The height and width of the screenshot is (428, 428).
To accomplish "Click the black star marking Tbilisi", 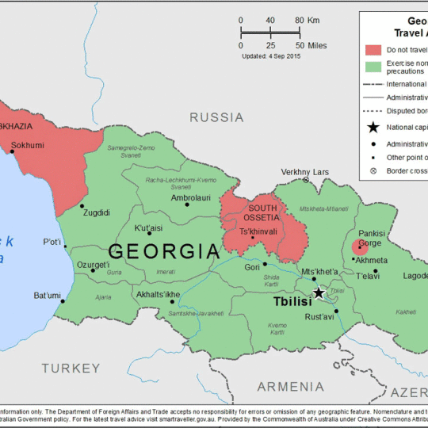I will pyautogui.click(x=319, y=292).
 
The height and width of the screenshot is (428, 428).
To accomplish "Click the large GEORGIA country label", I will pyautogui.click(x=163, y=252).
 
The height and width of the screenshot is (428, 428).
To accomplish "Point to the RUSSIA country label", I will pyautogui.click(x=216, y=118).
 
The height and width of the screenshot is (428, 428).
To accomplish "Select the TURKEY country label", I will pyautogui.click(x=71, y=368).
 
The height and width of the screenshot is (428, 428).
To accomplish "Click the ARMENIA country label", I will pyautogui.click(x=290, y=386).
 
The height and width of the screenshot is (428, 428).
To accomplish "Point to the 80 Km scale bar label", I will pyautogui.click(x=304, y=21).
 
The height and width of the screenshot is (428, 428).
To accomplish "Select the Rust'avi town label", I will pyautogui.click(x=321, y=318).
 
